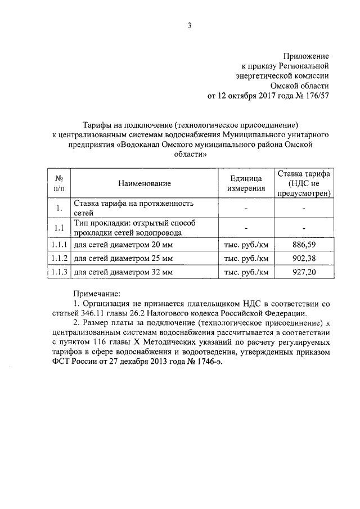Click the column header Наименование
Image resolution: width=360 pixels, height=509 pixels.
pyautogui.click(x=145, y=183)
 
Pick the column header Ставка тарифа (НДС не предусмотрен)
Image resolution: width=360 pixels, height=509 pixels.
pyautogui.click(x=303, y=183)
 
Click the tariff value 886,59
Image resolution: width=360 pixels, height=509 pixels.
pyautogui.click(x=303, y=245)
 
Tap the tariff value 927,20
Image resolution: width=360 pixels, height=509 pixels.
pyautogui.click(x=303, y=272)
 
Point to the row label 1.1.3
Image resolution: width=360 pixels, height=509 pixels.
pyautogui.click(x=58, y=272)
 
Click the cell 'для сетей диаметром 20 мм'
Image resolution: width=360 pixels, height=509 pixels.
pyautogui.click(x=124, y=245)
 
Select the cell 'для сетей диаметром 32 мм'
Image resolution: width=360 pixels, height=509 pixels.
pyautogui.click(x=124, y=272)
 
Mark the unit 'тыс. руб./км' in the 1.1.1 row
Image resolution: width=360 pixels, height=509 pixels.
pyautogui.click(x=246, y=245)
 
